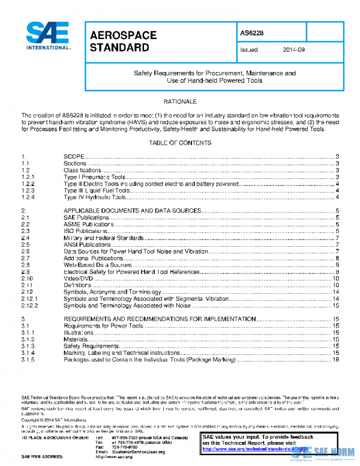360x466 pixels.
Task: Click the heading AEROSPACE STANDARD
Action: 123,41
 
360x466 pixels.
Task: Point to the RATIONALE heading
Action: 179,101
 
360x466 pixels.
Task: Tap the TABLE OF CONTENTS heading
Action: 179,143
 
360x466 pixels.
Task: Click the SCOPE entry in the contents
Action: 74,156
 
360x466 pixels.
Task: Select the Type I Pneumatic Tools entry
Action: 94,177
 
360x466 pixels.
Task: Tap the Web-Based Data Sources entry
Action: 98,265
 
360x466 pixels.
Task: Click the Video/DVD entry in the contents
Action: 79,279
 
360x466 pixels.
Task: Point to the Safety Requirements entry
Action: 89,346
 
